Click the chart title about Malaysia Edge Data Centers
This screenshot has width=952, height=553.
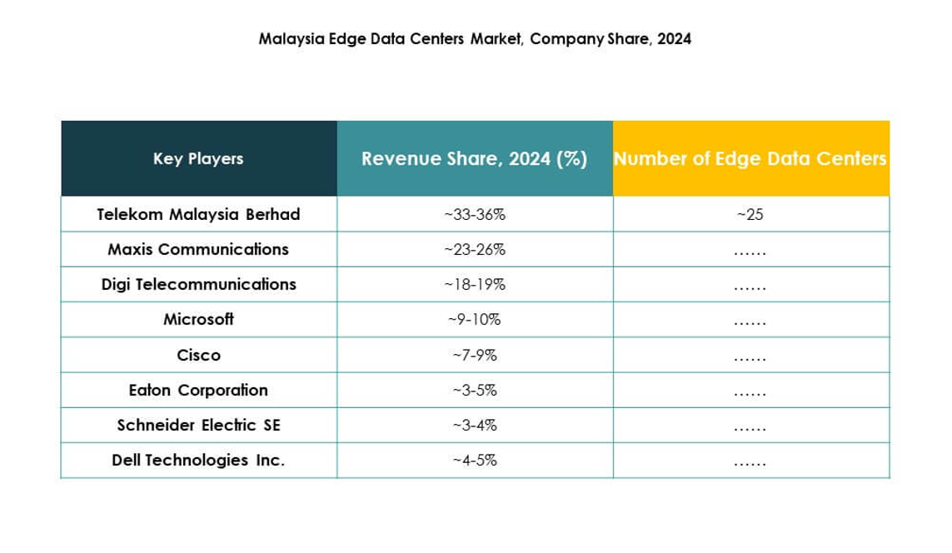(475, 39)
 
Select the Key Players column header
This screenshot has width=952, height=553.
(198, 158)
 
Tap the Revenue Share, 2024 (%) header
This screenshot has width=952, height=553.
(475, 158)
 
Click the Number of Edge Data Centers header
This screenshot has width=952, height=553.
(750, 158)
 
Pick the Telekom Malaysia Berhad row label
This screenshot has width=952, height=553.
(198, 214)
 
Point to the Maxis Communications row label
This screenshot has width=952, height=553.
(198, 249)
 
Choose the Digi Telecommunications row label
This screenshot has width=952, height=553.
(198, 284)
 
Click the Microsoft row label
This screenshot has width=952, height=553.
(198, 319)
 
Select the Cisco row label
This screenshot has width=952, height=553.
(198, 355)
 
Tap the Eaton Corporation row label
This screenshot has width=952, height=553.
(198, 390)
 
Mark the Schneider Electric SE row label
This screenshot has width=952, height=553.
(198, 425)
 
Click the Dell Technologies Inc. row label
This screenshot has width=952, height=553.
(198, 460)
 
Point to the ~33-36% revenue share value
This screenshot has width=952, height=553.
(475, 214)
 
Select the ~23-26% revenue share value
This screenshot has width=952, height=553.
(475, 249)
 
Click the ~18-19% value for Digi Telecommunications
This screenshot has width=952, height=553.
(475, 284)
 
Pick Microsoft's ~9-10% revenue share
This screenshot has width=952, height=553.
(475, 319)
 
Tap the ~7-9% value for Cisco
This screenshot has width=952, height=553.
(475, 355)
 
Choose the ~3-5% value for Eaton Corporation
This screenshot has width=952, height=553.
(475, 390)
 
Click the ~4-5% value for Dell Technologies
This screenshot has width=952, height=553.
(475, 460)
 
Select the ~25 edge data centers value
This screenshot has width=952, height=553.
(750, 214)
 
